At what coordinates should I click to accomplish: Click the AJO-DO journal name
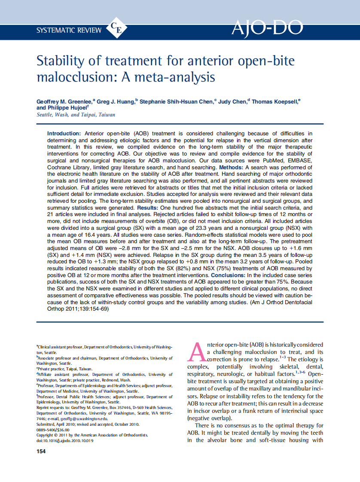(267, 27)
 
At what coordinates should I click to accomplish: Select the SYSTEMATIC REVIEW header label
(69, 30)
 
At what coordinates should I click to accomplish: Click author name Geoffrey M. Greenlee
(65, 102)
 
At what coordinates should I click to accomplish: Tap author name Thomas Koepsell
(275, 102)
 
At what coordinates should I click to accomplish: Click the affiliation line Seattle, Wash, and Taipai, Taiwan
(76, 115)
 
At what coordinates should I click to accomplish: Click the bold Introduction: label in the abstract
(64, 134)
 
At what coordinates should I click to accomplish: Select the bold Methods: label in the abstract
(232, 167)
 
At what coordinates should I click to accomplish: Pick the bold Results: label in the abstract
(150, 207)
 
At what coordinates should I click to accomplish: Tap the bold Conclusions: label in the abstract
(228, 275)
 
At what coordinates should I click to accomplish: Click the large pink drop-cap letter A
(196, 351)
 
